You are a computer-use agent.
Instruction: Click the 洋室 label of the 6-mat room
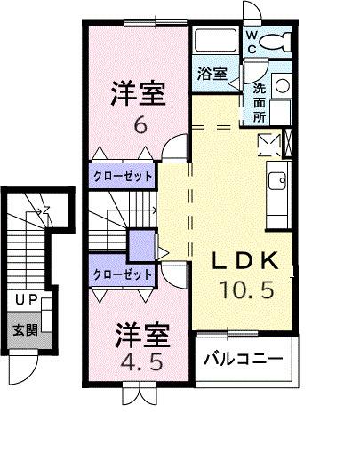139,92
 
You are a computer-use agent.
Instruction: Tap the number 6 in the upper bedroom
140,125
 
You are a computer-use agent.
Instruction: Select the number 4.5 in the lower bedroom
140,362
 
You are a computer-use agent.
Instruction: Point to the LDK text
248,262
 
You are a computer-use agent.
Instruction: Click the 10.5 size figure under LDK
248,289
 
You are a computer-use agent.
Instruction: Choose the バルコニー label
243,360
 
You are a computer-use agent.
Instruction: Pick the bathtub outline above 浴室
215,41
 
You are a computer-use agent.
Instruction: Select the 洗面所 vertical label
260,102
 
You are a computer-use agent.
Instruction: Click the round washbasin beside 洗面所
282,86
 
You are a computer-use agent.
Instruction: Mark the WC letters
252,42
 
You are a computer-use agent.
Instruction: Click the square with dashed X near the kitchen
268,143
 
